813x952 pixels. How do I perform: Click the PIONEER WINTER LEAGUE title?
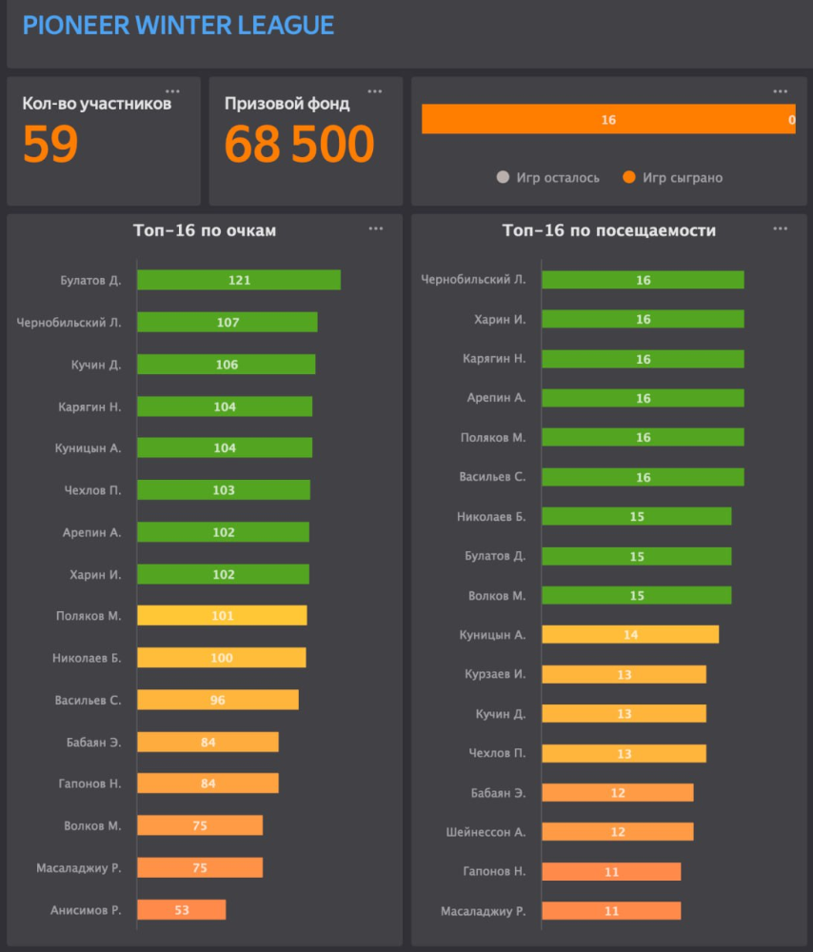pyautogui.click(x=178, y=25)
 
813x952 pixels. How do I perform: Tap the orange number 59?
pyautogui.click(x=50, y=145)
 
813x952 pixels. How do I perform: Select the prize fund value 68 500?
pyautogui.click(x=299, y=145)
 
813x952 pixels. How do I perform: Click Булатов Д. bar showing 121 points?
pyautogui.click(x=238, y=280)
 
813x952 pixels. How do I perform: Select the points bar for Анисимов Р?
pyautogui.click(x=181, y=910)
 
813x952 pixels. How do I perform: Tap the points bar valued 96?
pyautogui.click(x=217, y=700)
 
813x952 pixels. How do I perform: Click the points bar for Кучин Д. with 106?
pyautogui.click(x=226, y=365)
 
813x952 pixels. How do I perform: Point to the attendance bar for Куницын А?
pyautogui.click(x=630, y=634)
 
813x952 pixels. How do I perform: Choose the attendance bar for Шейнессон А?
pyautogui.click(x=617, y=831)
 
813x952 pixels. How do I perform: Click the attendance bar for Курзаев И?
pyautogui.click(x=624, y=674)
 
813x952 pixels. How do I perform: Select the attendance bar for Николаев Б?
pyautogui.click(x=636, y=516)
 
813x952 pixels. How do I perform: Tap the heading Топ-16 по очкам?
pyautogui.click(x=205, y=230)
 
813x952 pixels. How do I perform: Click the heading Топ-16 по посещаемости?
pyautogui.click(x=609, y=230)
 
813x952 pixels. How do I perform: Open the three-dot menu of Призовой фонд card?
pyautogui.click(x=374, y=91)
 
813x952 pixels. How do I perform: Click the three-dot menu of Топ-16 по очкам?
pyautogui.click(x=376, y=228)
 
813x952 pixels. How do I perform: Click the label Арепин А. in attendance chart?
pyautogui.click(x=496, y=398)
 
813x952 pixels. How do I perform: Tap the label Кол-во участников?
pyautogui.click(x=97, y=104)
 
